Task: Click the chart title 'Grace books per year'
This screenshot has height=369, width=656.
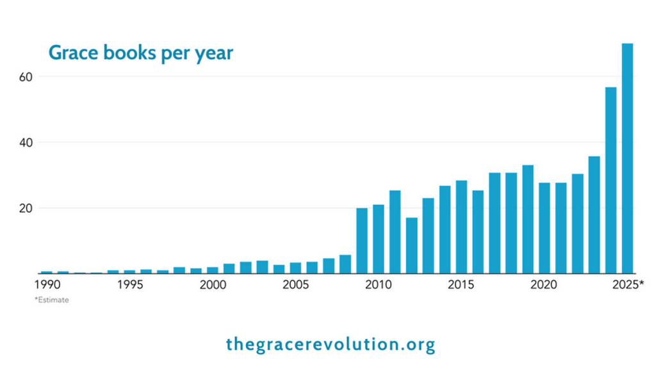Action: (141, 53)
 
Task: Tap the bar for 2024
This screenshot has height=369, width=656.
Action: (611, 180)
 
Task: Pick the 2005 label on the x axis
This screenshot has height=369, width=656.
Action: (295, 284)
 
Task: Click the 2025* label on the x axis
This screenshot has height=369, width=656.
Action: (628, 284)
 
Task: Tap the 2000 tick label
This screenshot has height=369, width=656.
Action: (213, 284)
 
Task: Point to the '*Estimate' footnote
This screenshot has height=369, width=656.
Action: (51, 299)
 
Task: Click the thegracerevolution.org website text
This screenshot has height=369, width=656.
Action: (331, 344)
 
